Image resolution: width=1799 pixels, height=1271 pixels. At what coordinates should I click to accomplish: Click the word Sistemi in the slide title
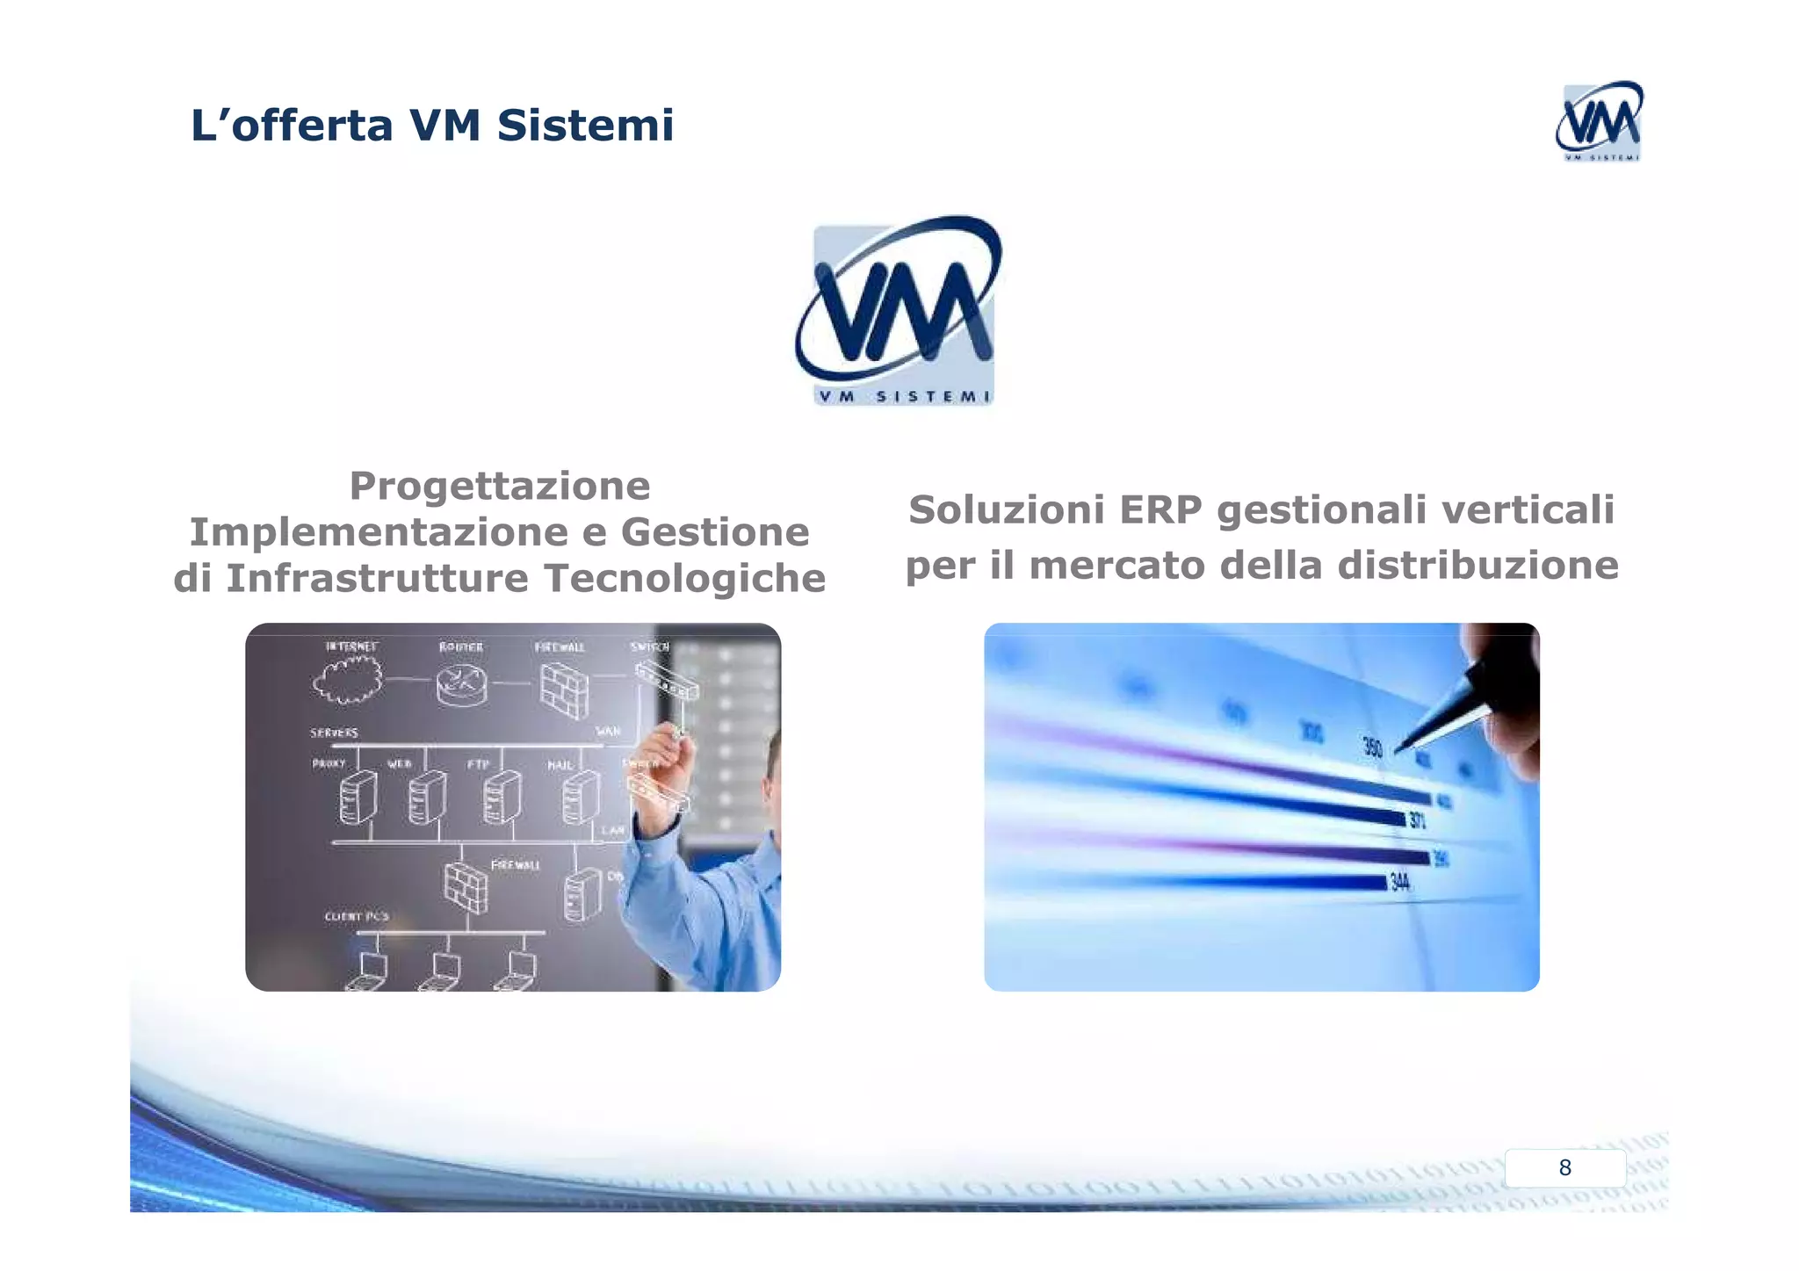[x=585, y=125]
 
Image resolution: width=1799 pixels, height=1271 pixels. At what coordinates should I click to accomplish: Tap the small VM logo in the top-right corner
[x=1599, y=121]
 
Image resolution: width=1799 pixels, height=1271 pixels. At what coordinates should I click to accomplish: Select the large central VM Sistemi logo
[x=899, y=309]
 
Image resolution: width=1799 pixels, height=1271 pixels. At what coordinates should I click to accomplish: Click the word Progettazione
[x=500, y=486]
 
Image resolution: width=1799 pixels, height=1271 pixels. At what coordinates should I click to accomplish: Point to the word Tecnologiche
[x=684, y=578]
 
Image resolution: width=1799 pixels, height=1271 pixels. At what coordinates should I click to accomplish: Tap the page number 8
[x=1564, y=1167]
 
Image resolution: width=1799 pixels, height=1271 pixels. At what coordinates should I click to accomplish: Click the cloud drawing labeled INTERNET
[x=348, y=680]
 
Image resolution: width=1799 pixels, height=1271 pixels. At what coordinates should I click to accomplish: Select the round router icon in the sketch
[x=461, y=683]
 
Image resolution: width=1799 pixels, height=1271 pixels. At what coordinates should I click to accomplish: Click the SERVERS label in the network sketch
[x=334, y=733]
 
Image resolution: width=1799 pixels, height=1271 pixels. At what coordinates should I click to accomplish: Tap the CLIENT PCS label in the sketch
[x=357, y=916]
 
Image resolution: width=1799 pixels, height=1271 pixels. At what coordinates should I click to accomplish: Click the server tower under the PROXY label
[x=358, y=798]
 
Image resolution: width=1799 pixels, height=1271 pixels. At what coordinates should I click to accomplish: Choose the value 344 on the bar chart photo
[x=1399, y=882]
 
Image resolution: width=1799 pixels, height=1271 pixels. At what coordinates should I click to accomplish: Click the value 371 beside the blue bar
[x=1417, y=820]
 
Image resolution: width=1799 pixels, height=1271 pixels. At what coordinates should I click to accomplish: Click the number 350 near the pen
[x=1372, y=747]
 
